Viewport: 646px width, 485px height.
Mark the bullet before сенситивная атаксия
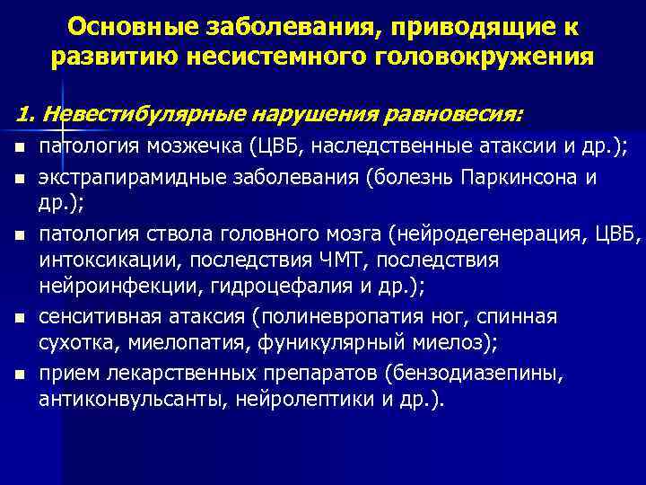19,317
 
